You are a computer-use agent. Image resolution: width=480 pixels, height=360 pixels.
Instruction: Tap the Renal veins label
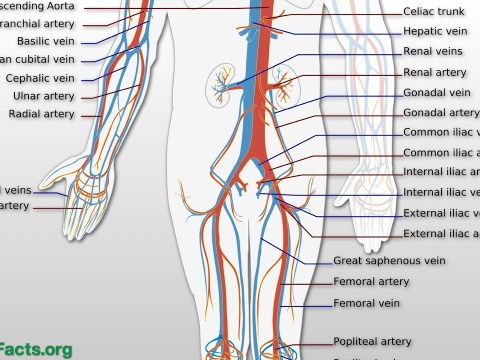point(432,52)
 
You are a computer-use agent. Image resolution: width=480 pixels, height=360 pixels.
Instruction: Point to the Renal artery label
point(435,73)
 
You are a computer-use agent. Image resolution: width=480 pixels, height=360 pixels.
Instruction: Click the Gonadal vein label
point(436,92)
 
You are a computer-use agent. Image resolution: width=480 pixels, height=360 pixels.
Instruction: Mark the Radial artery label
point(41,114)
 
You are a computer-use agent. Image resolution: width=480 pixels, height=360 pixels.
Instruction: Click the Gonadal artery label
point(440,112)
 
